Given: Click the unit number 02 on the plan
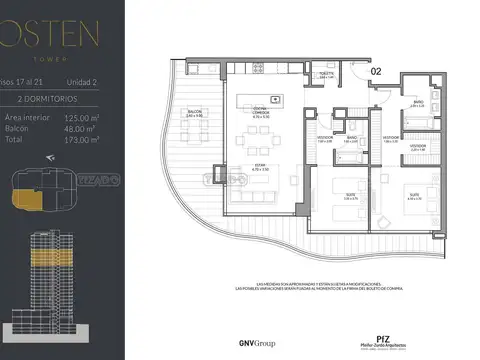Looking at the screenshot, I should tap(376, 71).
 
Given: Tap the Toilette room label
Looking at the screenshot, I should tap(326, 76).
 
